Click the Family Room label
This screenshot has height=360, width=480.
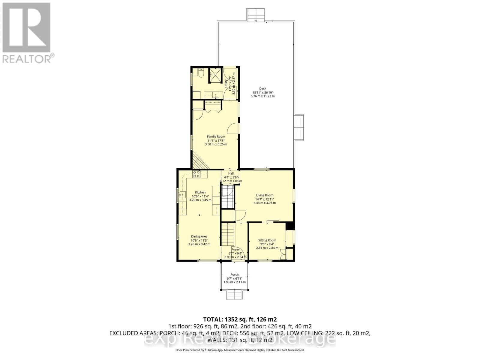pos(216,137)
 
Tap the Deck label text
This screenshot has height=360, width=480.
pos(262,88)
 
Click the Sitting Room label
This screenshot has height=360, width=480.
pos(267,240)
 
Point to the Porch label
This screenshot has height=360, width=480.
pos(234,274)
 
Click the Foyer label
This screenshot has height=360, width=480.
pos(235,249)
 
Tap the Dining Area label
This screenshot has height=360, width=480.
pos(199,236)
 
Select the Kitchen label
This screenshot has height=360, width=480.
pos(200,192)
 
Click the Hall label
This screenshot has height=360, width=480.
pos(231,173)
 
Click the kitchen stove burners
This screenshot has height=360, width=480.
pos(196,174)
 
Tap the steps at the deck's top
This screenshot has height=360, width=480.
pos(256,15)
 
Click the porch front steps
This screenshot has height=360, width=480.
pos(235,294)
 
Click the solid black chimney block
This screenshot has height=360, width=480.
pos(289,226)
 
